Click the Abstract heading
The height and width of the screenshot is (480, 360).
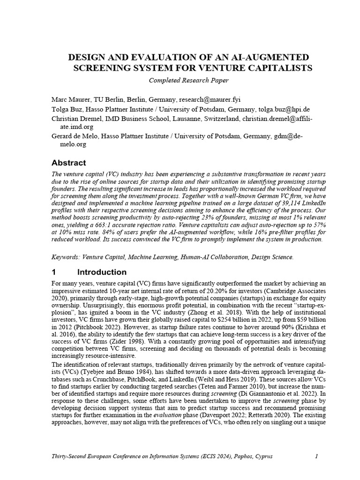pos(68,163)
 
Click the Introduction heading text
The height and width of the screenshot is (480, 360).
pos(102,272)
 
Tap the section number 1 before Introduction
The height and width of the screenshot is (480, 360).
pos(54,272)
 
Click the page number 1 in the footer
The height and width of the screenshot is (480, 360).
pos(316,456)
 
